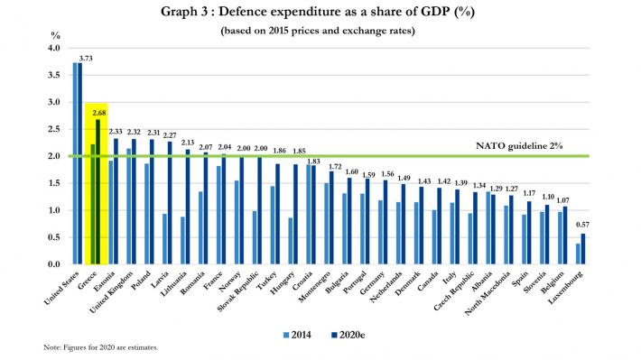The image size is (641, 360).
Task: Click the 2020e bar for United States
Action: point(79,163)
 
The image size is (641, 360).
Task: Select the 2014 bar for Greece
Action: point(93,204)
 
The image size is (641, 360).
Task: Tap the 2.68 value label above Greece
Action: point(100,113)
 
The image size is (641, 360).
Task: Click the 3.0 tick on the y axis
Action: point(53,102)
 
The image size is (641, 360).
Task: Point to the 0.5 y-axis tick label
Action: point(53,237)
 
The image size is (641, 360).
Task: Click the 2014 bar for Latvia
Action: point(164,238)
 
